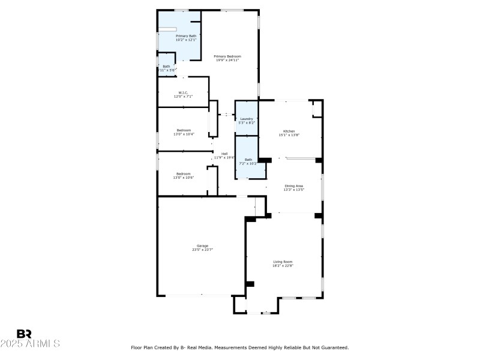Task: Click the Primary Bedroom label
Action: coord(227,56)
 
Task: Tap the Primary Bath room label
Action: coord(185,36)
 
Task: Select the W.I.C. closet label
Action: coord(184,92)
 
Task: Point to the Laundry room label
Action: coord(247,119)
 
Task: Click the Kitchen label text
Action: coord(289,131)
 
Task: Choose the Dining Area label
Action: coord(294,186)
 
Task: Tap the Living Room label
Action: coord(283,262)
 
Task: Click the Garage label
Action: coord(203,246)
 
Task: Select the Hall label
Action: coord(224,154)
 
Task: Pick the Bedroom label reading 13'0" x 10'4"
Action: coord(184,134)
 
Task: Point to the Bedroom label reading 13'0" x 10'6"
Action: coord(184,178)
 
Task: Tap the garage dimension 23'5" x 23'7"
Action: coord(203,250)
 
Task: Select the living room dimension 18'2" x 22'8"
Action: coord(283,265)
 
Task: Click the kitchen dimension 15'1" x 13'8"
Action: coord(289,134)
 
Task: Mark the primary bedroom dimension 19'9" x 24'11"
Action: coord(227,60)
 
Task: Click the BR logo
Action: coord(24,334)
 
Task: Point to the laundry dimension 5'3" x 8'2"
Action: coord(247,122)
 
